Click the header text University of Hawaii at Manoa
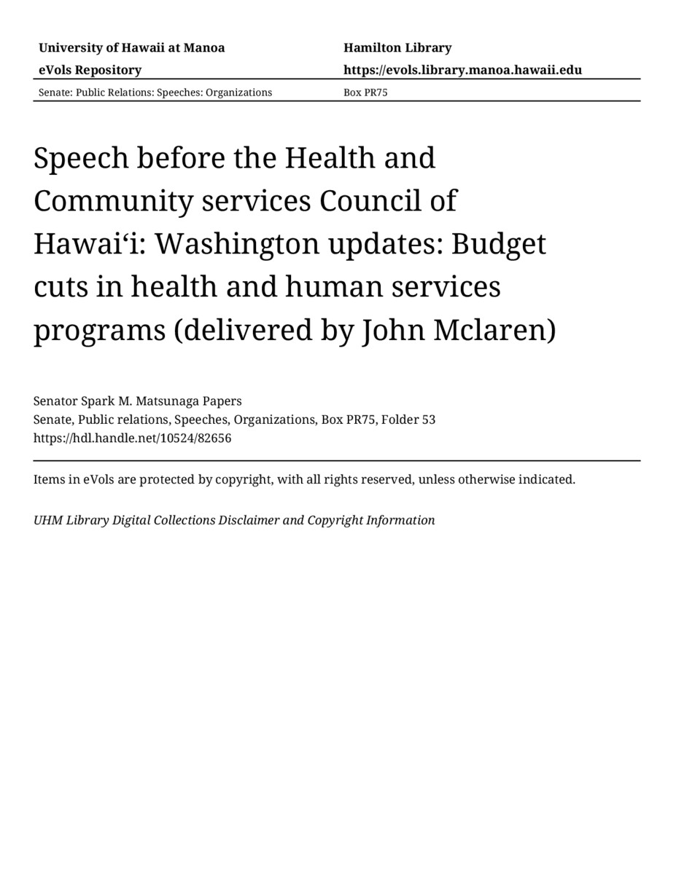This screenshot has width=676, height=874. click(131, 48)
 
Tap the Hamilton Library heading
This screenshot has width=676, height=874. click(397, 48)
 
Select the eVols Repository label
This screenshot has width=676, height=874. click(90, 70)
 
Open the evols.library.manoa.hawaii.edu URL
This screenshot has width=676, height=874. click(462, 70)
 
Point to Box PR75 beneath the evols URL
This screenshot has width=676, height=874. click(365, 92)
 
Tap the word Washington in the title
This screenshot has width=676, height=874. click(235, 244)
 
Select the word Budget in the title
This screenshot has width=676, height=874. click(498, 244)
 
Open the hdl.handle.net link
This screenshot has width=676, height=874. click(132, 438)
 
